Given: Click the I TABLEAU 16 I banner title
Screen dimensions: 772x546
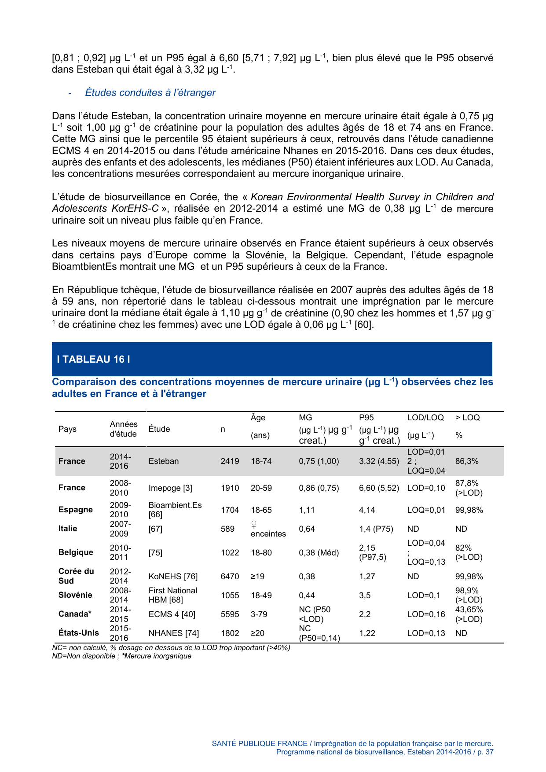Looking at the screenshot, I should tap(93, 359).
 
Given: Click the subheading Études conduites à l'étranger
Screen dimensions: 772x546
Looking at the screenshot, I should tap(150, 92).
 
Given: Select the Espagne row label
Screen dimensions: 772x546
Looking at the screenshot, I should tap(76, 510).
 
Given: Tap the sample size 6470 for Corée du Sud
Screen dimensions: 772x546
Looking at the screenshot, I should tap(230, 577).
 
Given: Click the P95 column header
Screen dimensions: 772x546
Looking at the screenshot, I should tap(366, 418).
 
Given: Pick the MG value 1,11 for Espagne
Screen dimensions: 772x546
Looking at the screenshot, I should tap(307, 510).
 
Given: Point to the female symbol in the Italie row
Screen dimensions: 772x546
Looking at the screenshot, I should tap(254, 524).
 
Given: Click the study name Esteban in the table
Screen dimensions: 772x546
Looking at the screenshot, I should tap(164, 461).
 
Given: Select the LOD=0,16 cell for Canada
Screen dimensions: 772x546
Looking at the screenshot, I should tap(426, 614).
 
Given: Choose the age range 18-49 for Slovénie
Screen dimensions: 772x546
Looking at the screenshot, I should tap(261, 596).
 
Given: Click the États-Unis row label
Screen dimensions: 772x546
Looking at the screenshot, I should tap(79, 633).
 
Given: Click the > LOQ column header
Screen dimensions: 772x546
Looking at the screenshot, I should tap(467, 418).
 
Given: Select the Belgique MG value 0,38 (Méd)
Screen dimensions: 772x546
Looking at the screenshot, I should tap(319, 553).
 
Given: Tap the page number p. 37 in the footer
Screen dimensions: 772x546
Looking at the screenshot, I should tap(485, 752).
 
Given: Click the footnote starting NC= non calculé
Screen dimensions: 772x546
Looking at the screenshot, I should tap(171, 648).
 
